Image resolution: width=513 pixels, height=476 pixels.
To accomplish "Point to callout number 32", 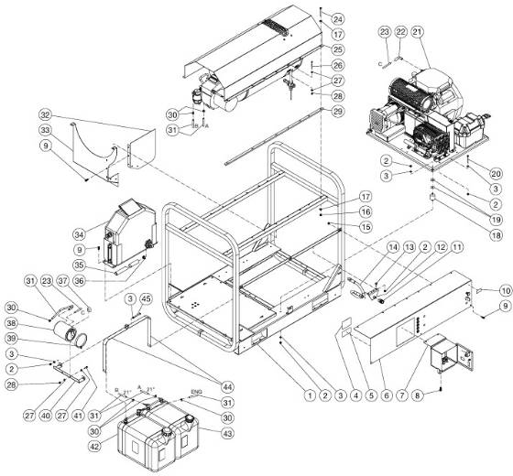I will click(43, 115).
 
